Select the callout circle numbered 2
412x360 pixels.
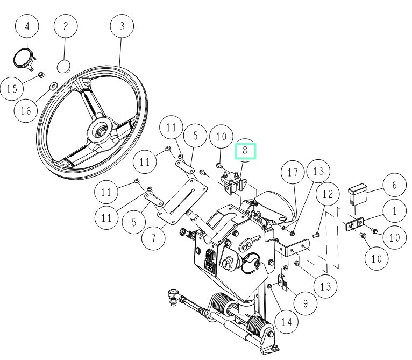coord(66,26)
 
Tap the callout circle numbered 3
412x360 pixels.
coord(122,26)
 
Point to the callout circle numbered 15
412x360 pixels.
coord(12,89)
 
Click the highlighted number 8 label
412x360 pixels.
coord(245,151)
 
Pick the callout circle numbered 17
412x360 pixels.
coord(293,173)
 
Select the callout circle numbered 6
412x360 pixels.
coord(394,185)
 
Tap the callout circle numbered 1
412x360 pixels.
coord(394,211)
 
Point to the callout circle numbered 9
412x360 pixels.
coord(305,303)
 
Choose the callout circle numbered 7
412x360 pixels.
coord(155,238)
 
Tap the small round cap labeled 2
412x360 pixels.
coord(64,67)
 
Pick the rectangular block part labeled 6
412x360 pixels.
coord(358,194)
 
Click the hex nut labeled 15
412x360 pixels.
coord(41,74)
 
